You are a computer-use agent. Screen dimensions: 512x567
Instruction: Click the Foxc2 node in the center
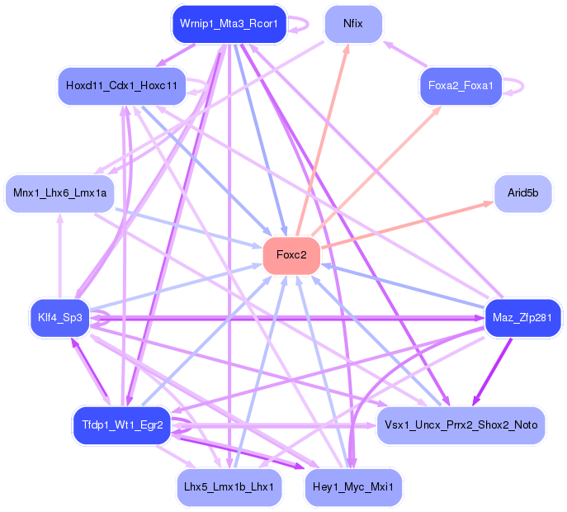pyautogui.click(x=291, y=255)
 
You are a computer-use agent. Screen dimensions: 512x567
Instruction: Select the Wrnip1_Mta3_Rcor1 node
pyautogui.click(x=228, y=25)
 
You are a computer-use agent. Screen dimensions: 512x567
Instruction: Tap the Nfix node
pyautogui.click(x=353, y=25)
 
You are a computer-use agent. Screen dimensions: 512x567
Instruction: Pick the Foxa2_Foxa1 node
pyautogui.click(x=461, y=86)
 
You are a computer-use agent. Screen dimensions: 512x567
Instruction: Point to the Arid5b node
pyautogui.click(x=522, y=193)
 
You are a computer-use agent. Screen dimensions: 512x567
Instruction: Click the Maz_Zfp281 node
pyautogui.click(x=523, y=318)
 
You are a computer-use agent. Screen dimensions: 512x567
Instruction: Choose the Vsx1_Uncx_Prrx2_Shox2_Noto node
pyautogui.click(x=461, y=424)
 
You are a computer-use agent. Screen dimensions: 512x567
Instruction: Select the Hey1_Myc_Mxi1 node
pyautogui.click(x=353, y=487)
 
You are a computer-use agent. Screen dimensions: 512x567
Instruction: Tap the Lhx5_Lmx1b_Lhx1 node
pyautogui.click(x=229, y=487)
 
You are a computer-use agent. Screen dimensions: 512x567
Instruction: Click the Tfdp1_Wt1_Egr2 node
pyautogui.click(x=122, y=425)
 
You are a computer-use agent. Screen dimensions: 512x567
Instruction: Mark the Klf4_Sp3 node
pyautogui.click(x=60, y=318)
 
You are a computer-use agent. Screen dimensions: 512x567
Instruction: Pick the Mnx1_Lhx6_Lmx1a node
pyautogui.click(x=60, y=193)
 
